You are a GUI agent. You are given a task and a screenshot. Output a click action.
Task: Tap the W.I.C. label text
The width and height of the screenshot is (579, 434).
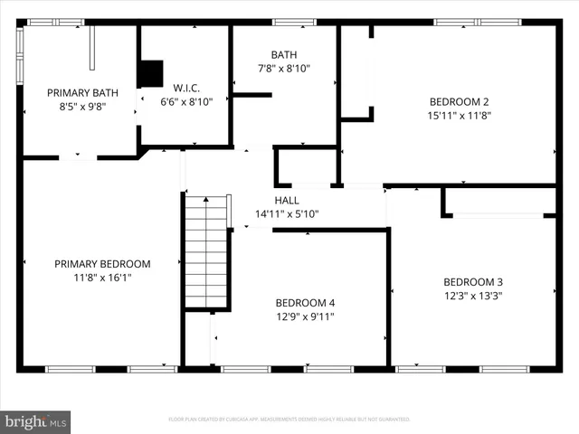pyautogui.click(x=185, y=89)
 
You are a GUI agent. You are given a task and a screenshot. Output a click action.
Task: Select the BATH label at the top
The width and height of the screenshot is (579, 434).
pyautogui.click(x=285, y=55)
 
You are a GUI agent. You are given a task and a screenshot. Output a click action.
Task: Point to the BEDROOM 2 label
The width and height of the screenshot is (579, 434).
pyautogui.click(x=459, y=101)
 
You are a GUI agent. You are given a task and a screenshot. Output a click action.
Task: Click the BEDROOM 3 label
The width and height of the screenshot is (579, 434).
pyautogui.click(x=472, y=281)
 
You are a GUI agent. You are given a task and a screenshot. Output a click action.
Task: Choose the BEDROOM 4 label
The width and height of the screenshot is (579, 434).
pyautogui.click(x=305, y=303)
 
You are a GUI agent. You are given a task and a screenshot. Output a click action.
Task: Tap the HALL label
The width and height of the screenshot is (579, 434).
pyautogui.click(x=287, y=201)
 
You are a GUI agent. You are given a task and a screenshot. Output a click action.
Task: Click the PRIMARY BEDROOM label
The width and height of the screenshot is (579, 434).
pyautogui.click(x=102, y=264)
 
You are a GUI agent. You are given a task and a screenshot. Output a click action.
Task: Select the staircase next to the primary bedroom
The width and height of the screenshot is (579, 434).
pyautogui.click(x=206, y=253)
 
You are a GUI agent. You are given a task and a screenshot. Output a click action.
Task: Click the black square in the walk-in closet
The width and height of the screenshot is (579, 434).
pyautogui.click(x=151, y=73)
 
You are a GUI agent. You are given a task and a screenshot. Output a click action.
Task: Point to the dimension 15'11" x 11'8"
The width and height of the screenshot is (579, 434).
pyautogui.click(x=459, y=115)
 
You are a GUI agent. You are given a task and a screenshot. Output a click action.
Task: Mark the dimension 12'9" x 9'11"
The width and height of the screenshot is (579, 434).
pyautogui.click(x=305, y=316)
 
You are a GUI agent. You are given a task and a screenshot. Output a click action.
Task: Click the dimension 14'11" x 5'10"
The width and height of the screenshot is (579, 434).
pyautogui.click(x=287, y=214)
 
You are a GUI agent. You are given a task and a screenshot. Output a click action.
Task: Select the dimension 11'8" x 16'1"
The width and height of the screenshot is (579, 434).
pyautogui.click(x=102, y=278)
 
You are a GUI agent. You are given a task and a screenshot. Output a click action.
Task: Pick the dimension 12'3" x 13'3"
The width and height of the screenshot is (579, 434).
pyautogui.click(x=472, y=295)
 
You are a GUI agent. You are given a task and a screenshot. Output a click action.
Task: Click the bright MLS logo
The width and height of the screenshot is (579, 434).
pyautogui.click(x=36, y=420)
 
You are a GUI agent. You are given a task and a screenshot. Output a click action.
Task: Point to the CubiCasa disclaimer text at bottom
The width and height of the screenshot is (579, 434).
pyautogui.click(x=289, y=420)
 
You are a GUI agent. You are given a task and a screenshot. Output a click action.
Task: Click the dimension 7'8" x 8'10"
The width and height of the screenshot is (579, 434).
pyautogui.click(x=285, y=69)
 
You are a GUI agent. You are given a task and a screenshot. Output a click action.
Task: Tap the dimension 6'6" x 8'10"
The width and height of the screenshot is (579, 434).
pyautogui.click(x=185, y=102)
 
